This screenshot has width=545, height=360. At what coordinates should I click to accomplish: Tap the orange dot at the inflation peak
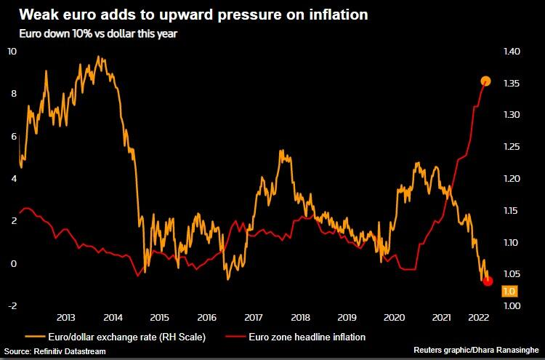[x=486, y=81]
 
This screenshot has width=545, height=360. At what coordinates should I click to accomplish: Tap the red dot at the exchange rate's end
[x=488, y=281]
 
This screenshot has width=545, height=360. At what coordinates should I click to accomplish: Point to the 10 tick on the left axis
[x=12, y=51]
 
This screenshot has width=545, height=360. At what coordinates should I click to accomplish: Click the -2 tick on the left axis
[x=12, y=306]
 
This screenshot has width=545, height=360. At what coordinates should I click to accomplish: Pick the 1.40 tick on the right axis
[x=511, y=52]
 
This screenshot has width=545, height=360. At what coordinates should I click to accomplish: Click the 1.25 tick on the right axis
[x=511, y=147]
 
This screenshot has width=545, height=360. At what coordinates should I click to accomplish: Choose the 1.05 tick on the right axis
[x=511, y=274]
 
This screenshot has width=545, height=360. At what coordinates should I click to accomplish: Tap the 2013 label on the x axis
[x=65, y=318]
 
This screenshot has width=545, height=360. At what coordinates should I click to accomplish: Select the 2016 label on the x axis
[x=206, y=318]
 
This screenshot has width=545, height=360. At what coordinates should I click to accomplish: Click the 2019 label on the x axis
[x=347, y=318]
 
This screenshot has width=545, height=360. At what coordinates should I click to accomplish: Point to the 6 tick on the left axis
[x=12, y=136]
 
